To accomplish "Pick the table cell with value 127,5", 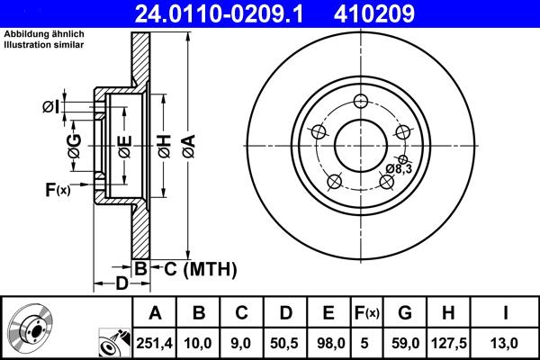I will [x=451, y=343].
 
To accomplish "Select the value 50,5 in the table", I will [x=284, y=343].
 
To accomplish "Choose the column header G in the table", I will [x=404, y=313].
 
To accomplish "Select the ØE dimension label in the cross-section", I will [x=125, y=143].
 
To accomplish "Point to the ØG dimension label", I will [x=74, y=144].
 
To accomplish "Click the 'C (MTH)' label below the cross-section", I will [x=193, y=267].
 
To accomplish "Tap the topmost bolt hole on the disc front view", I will [x=361, y=101].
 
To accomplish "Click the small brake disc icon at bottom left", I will [x=31, y=328].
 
